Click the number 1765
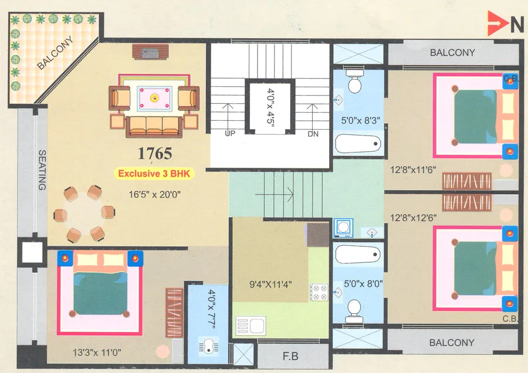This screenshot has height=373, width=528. pyautogui.click(x=155, y=154)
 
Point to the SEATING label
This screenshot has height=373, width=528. pyautogui.click(x=42, y=170)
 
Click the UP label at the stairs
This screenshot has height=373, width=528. pyautogui.click(x=231, y=134)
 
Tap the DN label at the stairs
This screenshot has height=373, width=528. pyautogui.click(x=313, y=134)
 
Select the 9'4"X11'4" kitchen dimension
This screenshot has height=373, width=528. pyautogui.click(x=271, y=286)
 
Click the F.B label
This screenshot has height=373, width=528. pyautogui.click(x=288, y=355)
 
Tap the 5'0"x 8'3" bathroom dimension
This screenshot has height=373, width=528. pyautogui.click(x=361, y=121)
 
